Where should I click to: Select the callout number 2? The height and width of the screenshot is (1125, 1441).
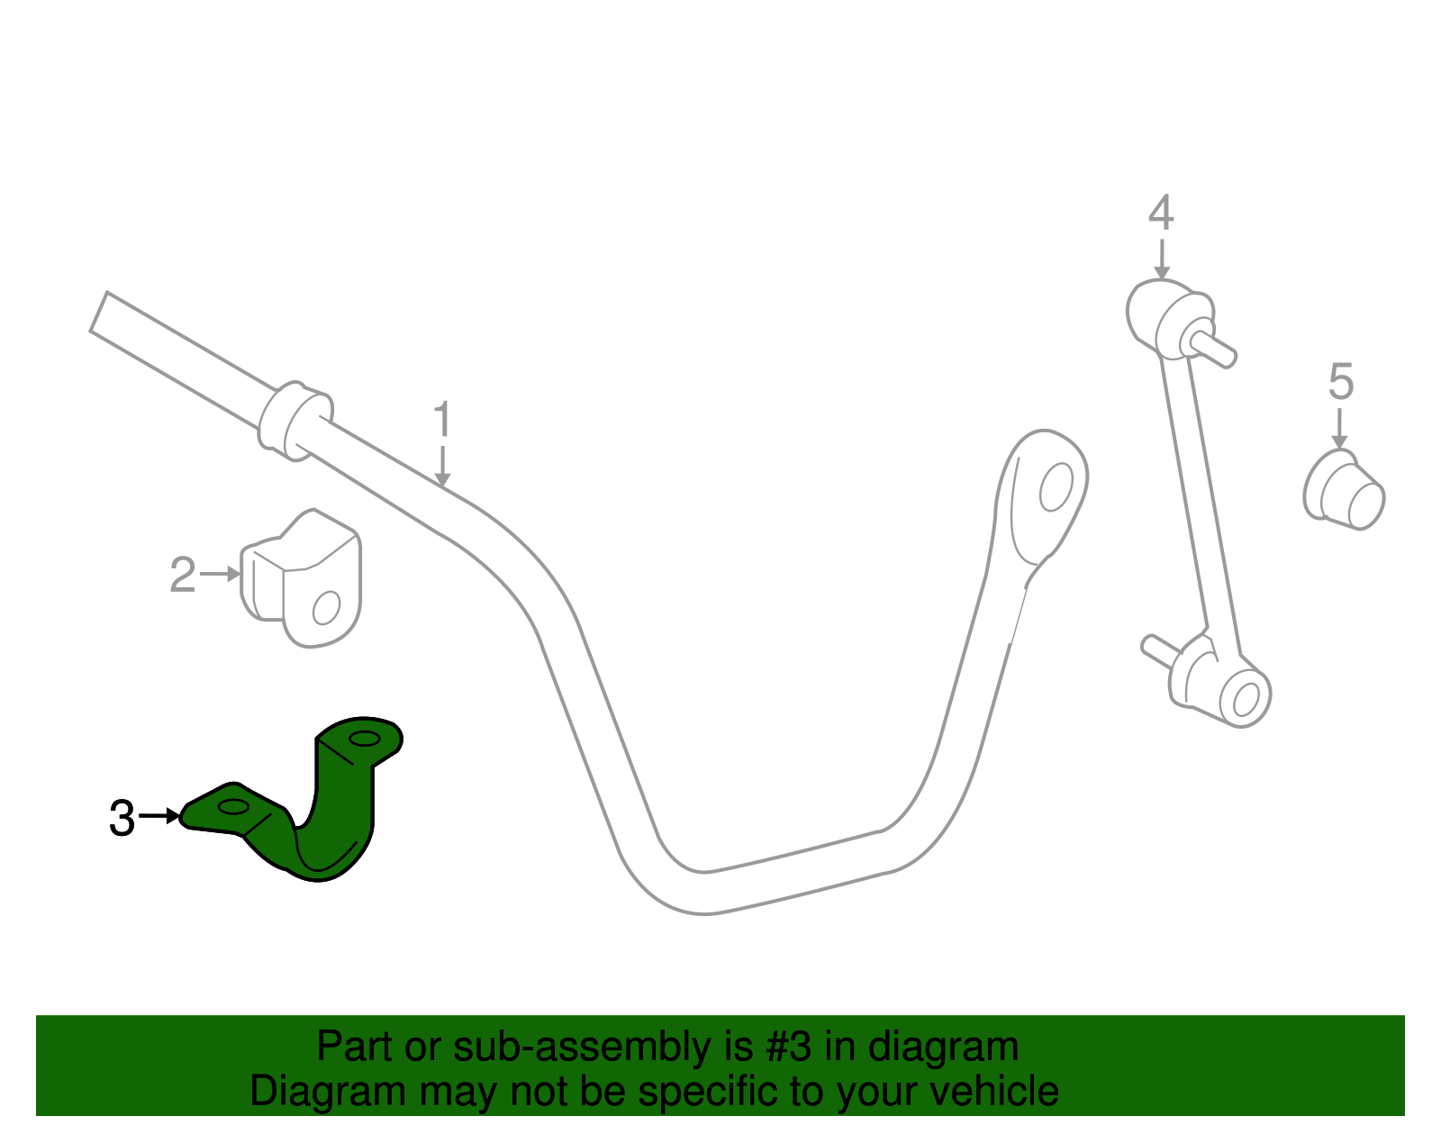click(x=182, y=575)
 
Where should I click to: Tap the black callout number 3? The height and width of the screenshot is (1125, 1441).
click(x=122, y=818)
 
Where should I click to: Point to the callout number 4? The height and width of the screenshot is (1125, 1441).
click(x=1161, y=213)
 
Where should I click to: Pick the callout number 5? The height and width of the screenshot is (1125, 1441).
click(x=1340, y=382)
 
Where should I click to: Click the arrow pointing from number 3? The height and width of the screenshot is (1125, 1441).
click(x=160, y=816)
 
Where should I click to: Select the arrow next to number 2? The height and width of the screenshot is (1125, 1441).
click(x=221, y=574)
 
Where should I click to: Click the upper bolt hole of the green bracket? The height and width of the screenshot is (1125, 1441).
click(x=365, y=739)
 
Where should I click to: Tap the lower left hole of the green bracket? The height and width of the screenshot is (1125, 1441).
click(x=232, y=807)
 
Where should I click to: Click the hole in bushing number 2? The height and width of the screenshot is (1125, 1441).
click(x=326, y=607)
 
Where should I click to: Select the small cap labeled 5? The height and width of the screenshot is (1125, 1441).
click(x=1344, y=490)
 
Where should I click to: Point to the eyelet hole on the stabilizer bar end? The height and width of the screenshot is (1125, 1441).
click(x=1055, y=486)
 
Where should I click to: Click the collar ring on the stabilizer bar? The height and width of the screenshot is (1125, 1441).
click(x=295, y=421)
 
